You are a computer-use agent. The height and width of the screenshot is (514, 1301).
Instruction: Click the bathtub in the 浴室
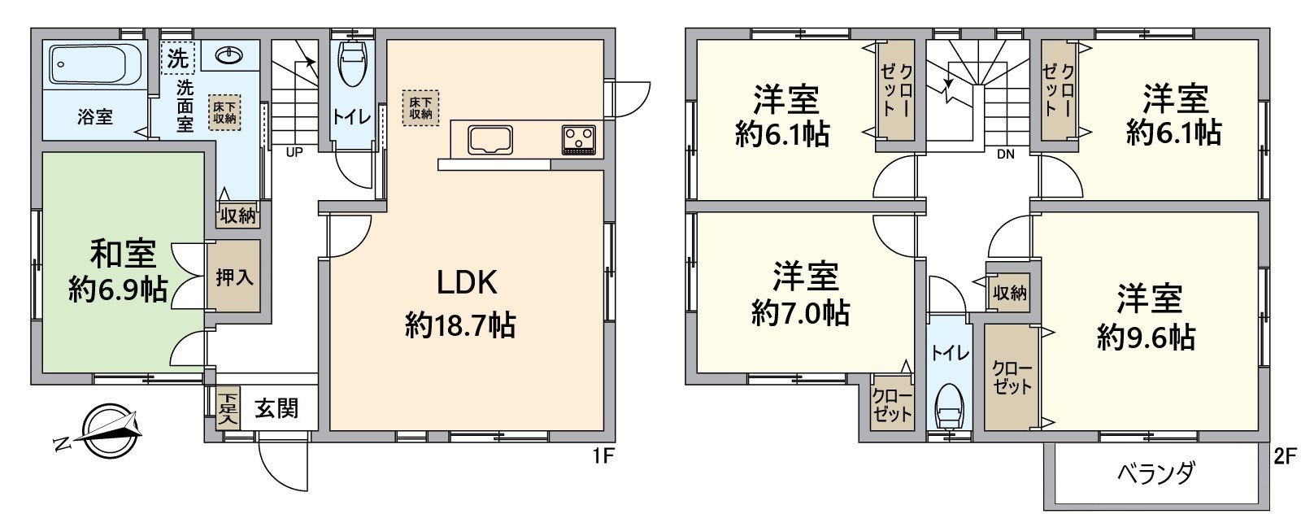[x=97, y=65]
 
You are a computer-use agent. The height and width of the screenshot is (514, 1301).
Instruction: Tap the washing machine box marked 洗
[x=178, y=58]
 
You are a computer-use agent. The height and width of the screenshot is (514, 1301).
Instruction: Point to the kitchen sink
[x=491, y=140]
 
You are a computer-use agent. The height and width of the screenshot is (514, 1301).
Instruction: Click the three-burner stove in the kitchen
[x=578, y=140]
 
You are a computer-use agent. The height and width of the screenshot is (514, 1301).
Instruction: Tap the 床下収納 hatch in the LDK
[x=420, y=108]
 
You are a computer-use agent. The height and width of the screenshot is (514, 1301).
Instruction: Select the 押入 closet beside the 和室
[x=233, y=277]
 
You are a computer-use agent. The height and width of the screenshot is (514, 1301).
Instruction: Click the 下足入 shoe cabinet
[x=228, y=408]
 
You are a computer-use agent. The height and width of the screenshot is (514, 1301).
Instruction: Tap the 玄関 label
[x=276, y=409]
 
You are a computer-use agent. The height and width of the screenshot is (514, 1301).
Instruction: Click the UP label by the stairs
[x=294, y=153]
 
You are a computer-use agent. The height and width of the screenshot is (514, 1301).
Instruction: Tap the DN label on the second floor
[x=1005, y=154]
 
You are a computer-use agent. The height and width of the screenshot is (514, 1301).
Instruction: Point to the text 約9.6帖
[x=1146, y=336]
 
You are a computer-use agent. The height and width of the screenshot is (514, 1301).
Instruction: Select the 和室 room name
[x=123, y=254]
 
